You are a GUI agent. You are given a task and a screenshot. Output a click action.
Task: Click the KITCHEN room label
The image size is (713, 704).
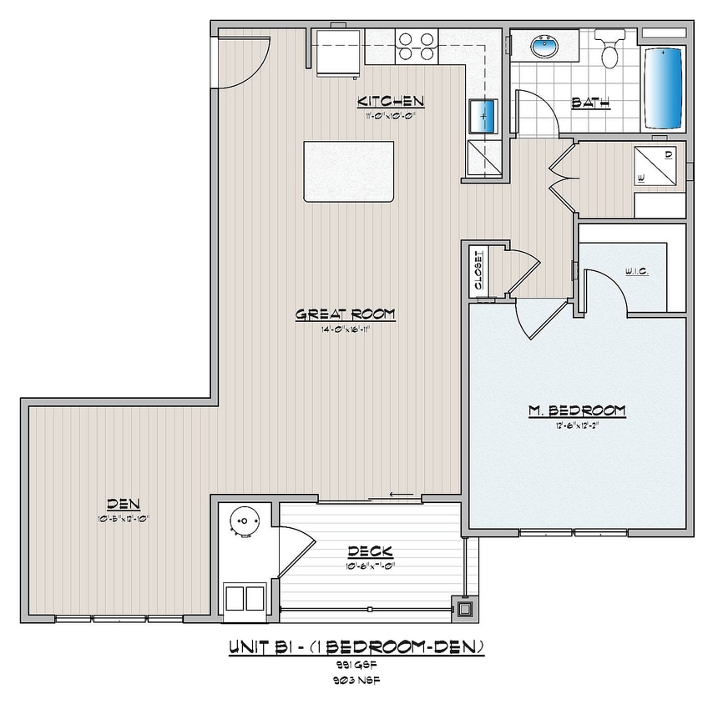(392, 102)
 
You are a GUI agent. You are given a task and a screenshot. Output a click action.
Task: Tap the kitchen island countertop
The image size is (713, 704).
(348, 170)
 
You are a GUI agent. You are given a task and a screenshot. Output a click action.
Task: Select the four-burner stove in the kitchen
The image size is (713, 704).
(417, 47)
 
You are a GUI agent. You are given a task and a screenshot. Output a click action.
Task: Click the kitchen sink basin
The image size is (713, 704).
(483, 115)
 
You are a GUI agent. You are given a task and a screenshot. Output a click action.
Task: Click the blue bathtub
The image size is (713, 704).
(664, 86)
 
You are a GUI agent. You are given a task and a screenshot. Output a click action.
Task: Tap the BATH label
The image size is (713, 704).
(590, 103)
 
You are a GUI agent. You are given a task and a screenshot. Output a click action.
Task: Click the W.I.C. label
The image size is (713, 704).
(638, 272)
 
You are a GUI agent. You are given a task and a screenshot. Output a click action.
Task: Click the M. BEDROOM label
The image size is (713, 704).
(577, 410)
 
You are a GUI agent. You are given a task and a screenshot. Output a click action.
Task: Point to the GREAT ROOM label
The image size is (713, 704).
(345, 314)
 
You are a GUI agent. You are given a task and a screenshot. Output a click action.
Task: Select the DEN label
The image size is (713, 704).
(123, 503)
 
